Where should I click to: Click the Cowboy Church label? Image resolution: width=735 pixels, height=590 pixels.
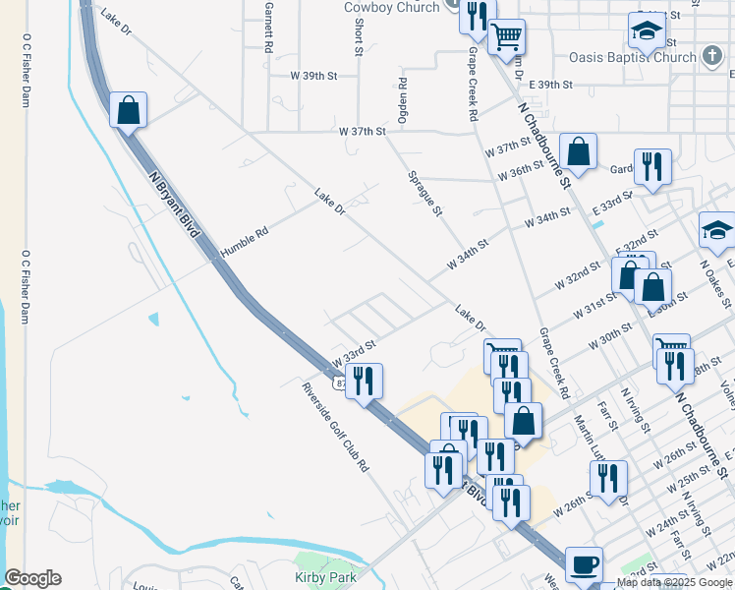tap(392, 7)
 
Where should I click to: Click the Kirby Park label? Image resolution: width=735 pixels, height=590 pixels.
tap(326, 577)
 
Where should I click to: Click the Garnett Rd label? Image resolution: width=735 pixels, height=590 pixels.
tap(268, 27)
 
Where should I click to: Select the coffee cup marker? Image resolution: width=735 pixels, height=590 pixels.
tap(585, 564)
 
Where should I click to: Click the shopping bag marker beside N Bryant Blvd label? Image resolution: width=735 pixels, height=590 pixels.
tap(129, 110)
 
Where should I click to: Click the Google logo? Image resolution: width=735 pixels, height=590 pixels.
tap(32, 578)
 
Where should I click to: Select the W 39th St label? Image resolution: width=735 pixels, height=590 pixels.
tap(313, 75)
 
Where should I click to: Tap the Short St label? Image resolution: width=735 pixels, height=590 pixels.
tap(359, 35)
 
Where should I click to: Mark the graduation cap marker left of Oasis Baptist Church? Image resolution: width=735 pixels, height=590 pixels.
tap(648, 32)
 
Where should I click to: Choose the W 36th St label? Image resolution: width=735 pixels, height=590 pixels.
tap(521, 169)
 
